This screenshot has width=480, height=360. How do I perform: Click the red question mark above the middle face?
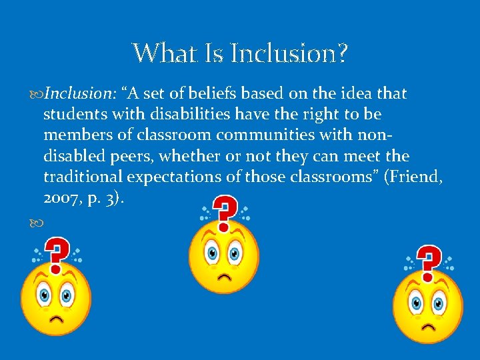[227, 211]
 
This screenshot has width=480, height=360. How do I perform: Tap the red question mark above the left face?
[59, 254]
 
